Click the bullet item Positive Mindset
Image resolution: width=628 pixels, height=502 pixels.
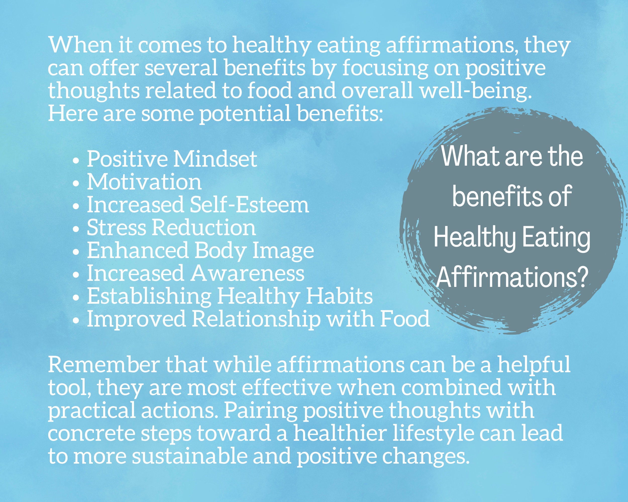pos(172,159)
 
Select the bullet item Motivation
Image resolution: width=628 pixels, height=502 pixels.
pos(144,182)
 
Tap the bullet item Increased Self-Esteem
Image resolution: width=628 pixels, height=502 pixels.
pos(198,205)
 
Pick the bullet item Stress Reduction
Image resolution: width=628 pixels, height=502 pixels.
pos(171,228)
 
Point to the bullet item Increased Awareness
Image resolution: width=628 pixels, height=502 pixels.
pos(195,274)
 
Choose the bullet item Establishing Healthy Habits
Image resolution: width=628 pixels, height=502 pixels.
pos(230,296)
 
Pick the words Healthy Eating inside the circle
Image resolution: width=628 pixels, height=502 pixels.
pos(511,237)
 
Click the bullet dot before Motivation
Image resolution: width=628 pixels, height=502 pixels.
pos(76,184)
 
